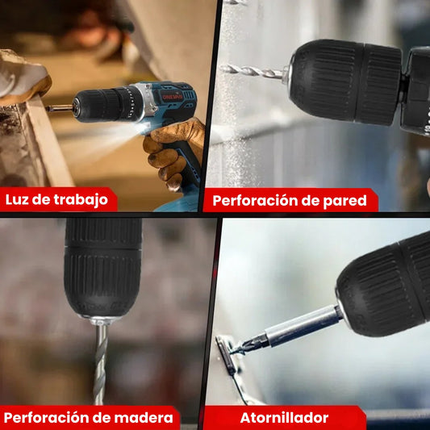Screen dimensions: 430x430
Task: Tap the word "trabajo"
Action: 80,200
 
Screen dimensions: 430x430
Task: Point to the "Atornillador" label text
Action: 284,418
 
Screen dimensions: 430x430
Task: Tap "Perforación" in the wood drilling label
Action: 48,418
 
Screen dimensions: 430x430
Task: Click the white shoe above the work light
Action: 23,78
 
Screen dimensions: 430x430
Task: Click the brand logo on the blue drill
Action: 173,95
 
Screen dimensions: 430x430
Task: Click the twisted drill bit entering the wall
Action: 252,71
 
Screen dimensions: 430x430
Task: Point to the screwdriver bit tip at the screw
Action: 239,348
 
